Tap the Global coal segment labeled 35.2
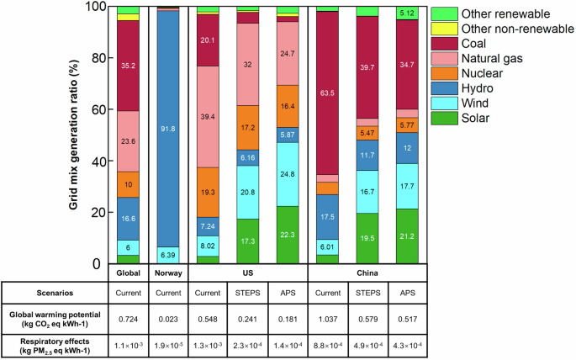pos(128,65)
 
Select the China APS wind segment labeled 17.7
pos(409,186)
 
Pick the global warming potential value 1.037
pos(328,320)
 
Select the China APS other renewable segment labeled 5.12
pos(409,13)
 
